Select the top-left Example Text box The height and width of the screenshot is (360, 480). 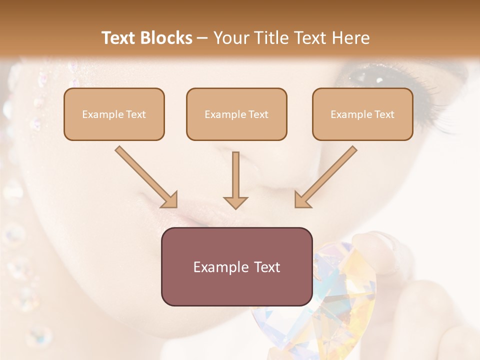pos(114,114)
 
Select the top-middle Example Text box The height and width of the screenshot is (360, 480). pos(236,114)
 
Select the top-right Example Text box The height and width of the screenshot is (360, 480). pos(362,114)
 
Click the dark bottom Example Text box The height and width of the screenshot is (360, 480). pos(236,266)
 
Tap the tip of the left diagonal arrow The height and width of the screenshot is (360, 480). pos(174,205)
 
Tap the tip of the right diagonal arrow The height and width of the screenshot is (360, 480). pos(297,205)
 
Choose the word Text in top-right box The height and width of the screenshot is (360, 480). pos(384,114)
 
